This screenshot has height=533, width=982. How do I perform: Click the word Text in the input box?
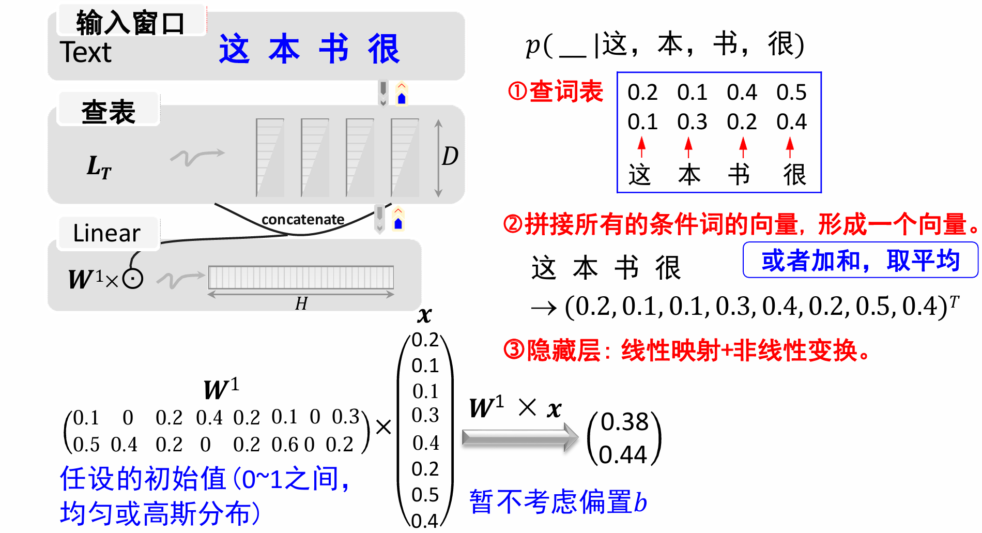pyautogui.click(x=85, y=52)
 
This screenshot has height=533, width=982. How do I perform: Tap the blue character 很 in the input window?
pyautogui.click(x=383, y=49)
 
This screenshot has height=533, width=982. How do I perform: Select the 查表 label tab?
pyautogui.click(x=109, y=111)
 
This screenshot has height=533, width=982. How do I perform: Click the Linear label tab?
pyautogui.click(x=107, y=233)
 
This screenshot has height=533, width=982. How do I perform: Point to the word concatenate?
pyautogui.click(x=303, y=220)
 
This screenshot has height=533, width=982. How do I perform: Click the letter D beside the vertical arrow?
pyautogui.click(x=450, y=156)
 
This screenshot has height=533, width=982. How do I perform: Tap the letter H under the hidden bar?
pyautogui.click(x=301, y=303)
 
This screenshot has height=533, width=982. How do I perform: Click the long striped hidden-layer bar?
pyautogui.click(x=301, y=278)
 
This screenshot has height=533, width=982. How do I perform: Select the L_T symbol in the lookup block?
pyautogui.click(x=99, y=167)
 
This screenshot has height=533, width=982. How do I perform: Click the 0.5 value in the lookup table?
pyautogui.click(x=791, y=93)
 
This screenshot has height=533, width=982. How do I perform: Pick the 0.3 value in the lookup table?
pyautogui.click(x=692, y=122)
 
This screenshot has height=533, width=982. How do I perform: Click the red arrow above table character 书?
pyautogui.click(x=743, y=147)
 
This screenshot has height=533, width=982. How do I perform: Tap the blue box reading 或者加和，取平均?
pyautogui.click(x=860, y=261)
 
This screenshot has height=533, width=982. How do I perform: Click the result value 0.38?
pyautogui.click(x=625, y=422)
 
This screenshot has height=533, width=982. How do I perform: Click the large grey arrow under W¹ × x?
pyautogui.click(x=519, y=437)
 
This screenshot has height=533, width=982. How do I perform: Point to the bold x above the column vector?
pyautogui.click(x=424, y=315)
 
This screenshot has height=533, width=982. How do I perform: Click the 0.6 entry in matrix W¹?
pyautogui.click(x=285, y=445)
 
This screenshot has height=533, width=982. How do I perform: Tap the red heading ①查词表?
pyautogui.click(x=555, y=92)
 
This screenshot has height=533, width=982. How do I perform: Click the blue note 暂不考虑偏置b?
pyautogui.click(x=558, y=502)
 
